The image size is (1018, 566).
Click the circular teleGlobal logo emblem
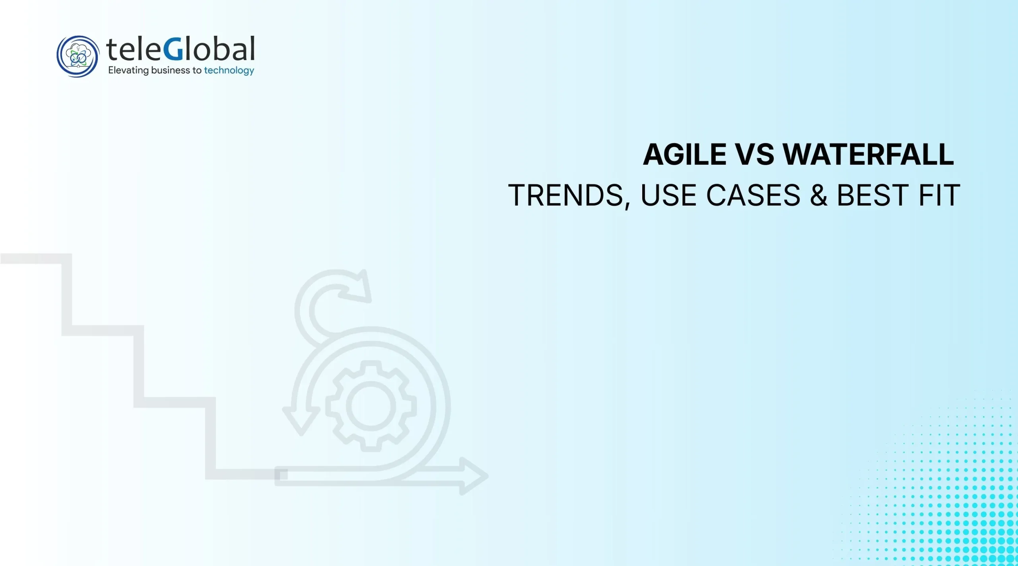tap(78, 56)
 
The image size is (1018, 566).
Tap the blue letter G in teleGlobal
tap(173, 49)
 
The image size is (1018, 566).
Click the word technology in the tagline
tap(229, 70)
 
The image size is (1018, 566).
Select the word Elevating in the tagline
tap(128, 70)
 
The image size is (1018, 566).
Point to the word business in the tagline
tap(170, 70)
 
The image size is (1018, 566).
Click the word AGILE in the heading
tap(684, 155)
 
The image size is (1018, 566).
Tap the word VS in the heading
tap(755, 155)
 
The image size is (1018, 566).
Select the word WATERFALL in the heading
tap(868, 155)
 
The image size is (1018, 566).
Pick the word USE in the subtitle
tap(668, 195)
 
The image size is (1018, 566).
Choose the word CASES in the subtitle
tap(753, 195)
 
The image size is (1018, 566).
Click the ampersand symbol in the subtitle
tap(818, 195)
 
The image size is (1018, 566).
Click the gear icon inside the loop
tap(371, 406)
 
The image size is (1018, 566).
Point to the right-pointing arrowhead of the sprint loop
tap(473, 476)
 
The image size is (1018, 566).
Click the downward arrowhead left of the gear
tap(301, 420)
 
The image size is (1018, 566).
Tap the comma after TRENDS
tap(627, 204)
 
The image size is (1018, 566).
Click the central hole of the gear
tap(371, 406)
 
